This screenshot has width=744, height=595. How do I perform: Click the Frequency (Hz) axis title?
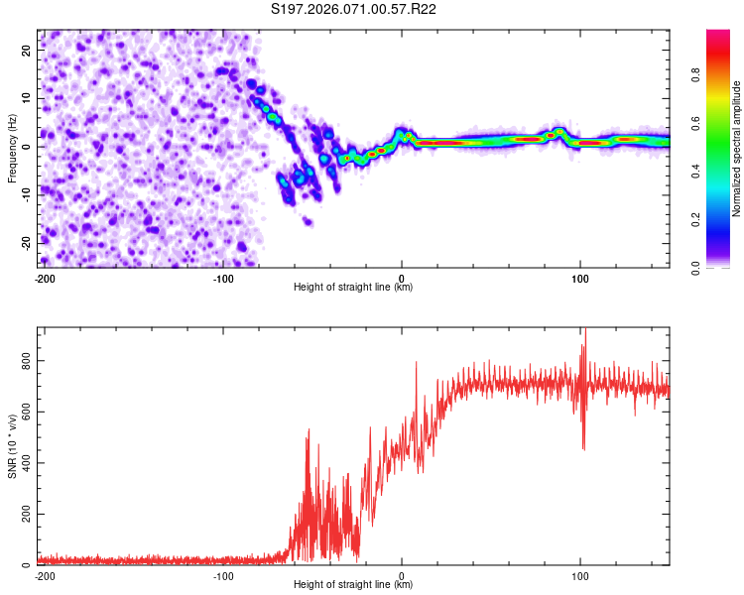tap(13, 149)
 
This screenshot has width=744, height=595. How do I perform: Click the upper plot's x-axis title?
tap(353, 287)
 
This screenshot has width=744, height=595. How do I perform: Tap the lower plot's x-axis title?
tap(353, 584)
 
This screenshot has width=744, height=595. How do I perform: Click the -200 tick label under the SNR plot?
tap(44, 574)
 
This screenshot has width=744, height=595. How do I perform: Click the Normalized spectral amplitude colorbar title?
tap(737, 149)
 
